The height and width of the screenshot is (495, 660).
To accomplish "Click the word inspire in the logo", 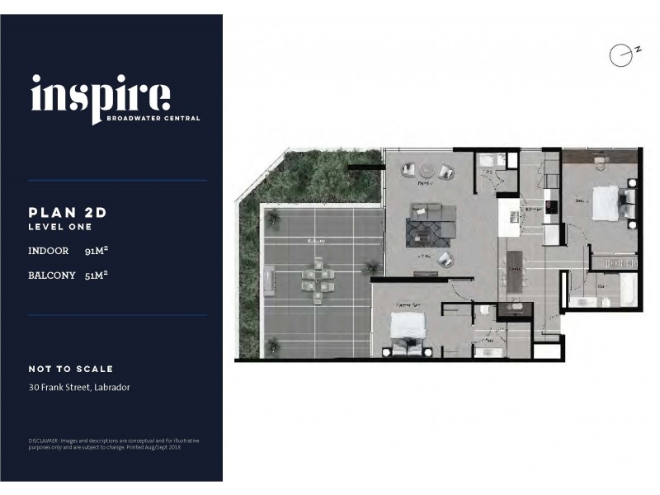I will pos(101,97).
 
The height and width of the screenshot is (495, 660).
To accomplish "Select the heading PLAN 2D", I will pos(68,212).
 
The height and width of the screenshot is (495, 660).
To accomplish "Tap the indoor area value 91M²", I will pos(97,250).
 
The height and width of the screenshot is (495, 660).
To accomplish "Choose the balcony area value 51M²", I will pos(97,275).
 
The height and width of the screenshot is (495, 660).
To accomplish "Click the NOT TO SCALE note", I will pos(71,369).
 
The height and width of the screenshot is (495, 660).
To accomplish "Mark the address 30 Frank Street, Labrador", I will pos(79,387).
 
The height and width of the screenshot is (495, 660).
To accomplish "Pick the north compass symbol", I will pos(619,54).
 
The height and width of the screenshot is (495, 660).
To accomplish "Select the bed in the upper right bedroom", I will pos(607,200).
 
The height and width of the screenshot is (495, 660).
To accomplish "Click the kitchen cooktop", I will pos(549,201).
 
